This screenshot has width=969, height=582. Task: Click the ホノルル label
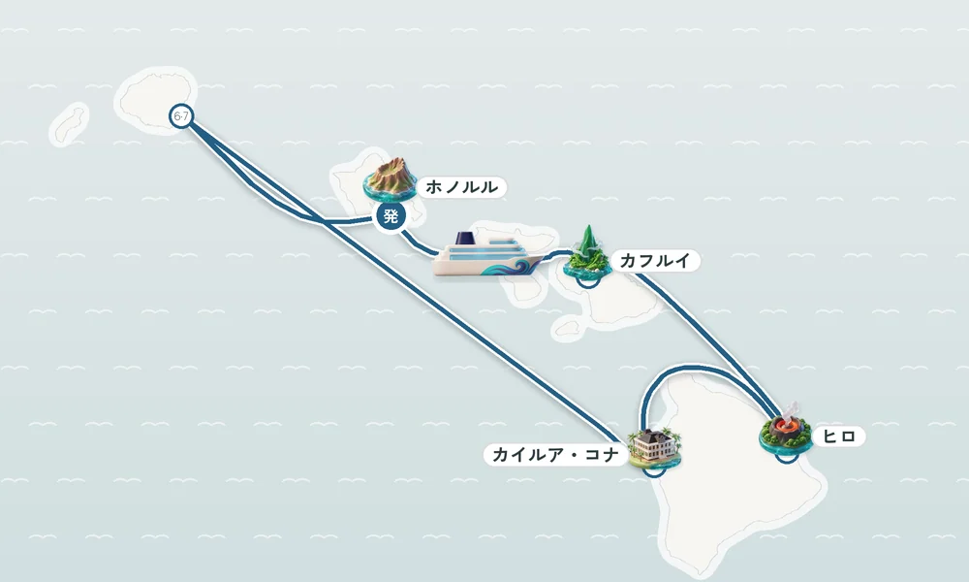[461, 187]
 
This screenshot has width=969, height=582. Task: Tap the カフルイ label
[654, 260]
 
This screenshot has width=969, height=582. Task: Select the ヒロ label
[839, 436]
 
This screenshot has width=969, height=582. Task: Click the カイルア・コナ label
[555, 455]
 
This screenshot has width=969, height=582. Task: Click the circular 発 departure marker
[391, 216]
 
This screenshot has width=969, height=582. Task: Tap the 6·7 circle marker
[181, 116]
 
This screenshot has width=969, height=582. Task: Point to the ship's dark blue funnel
[464, 239]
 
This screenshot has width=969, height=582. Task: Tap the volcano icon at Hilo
[785, 430]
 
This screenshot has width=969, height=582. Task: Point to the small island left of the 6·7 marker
[70, 123]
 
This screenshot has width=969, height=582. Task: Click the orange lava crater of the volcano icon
[786, 426]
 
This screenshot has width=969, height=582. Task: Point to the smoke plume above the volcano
[793, 410]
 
